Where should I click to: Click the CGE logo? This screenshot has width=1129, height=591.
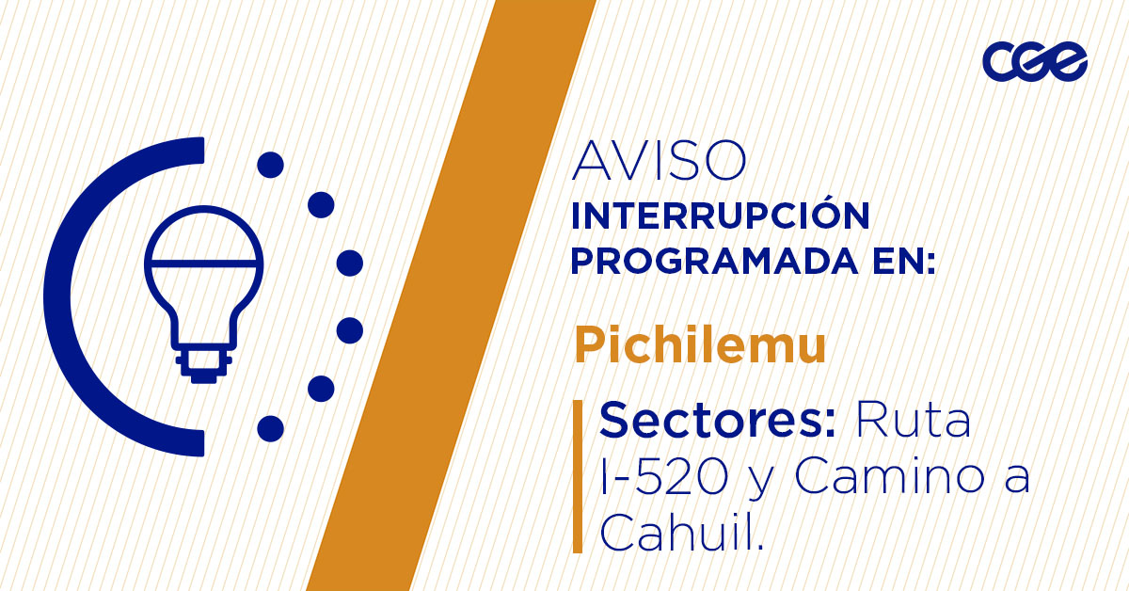click(x=1035, y=62)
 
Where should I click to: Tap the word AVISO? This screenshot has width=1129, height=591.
click(x=659, y=162)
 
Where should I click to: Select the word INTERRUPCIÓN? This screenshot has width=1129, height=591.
click(x=721, y=216)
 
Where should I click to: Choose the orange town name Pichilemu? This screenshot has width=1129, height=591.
click(x=700, y=346)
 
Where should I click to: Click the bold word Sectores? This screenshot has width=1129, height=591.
click(x=718, y=421)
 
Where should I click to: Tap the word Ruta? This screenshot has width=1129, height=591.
click(x=912, y=421)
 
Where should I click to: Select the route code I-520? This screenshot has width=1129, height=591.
click(x=663, y=478)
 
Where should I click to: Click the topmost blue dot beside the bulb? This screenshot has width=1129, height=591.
click(x=270, y=165)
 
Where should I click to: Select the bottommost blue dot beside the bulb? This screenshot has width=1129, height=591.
click(x=270, y=428)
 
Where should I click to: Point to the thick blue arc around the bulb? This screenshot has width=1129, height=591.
click(x=71, y=296)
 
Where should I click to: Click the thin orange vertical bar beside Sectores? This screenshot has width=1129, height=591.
click(x=578, y=476)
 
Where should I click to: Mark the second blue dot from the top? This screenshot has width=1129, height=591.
click(x=322, y=204)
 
